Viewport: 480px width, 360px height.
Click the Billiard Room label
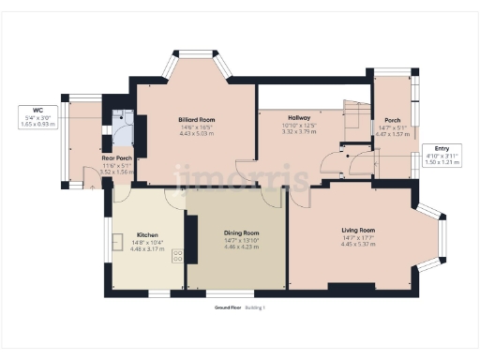[x=197, y=120]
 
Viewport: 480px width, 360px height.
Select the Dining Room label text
[x=241, y=233]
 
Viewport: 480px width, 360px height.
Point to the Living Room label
[x=358, y=230]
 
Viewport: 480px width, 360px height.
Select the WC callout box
[x=38, y=117]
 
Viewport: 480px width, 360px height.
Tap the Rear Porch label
[x=117, y=158]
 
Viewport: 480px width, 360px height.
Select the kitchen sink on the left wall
[x=118, y=243]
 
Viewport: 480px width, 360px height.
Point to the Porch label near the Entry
[x=392, y=120]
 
